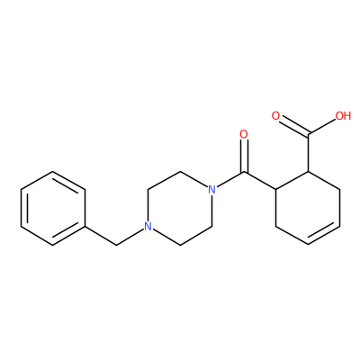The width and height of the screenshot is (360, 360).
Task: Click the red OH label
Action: (x=344, y=116)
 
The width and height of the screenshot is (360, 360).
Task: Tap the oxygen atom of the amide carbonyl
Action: (x=244, y=134)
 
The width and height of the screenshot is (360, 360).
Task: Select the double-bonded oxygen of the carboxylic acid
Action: (x=275, y=116)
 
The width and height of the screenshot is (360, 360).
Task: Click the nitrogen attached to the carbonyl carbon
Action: (x=211, y=190)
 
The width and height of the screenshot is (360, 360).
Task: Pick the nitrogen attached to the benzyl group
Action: (x=148, y=227)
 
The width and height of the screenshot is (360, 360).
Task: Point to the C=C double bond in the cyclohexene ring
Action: (x=324, y=235)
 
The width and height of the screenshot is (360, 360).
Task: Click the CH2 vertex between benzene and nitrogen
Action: (x=116, y=245)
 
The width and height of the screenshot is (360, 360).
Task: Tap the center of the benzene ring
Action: (x=53, y=209)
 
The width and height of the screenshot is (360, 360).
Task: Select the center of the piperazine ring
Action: (x=180, y=209)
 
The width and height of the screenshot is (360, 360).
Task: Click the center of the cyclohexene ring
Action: (x=308, y=208)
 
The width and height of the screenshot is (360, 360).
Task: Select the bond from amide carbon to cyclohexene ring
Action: (x=260, y=181)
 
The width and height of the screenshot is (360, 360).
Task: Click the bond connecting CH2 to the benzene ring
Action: (x=101, y=236)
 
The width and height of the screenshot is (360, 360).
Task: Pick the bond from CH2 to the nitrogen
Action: (x=130, y=238)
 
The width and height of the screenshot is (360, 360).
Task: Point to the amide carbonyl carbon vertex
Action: (x=244, y=172)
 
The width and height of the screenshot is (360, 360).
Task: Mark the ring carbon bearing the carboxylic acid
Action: (x=308, y=171)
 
